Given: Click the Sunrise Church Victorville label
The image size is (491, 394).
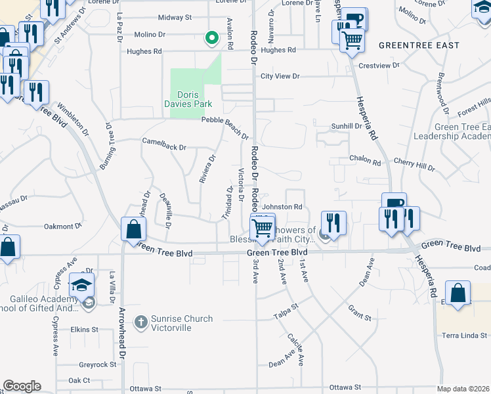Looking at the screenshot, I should (x=182, y=323).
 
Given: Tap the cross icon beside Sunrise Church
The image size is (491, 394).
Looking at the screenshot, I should (x=140, y=322).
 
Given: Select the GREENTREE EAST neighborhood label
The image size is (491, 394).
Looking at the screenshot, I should (x=418, y=45).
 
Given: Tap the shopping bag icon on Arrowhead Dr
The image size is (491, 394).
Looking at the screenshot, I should (x=133, y=230).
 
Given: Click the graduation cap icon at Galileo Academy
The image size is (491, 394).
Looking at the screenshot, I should (x=82, y=285).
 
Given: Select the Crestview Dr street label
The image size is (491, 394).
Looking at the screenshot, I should (x=379, y=66).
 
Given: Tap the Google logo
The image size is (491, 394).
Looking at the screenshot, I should (x=22, y=386).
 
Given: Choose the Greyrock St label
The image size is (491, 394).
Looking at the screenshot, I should (x=97, y=364).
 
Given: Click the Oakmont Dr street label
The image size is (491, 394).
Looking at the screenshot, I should (x=62, y=227).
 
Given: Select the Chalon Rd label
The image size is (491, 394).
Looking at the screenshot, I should (x=365, y=161).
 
